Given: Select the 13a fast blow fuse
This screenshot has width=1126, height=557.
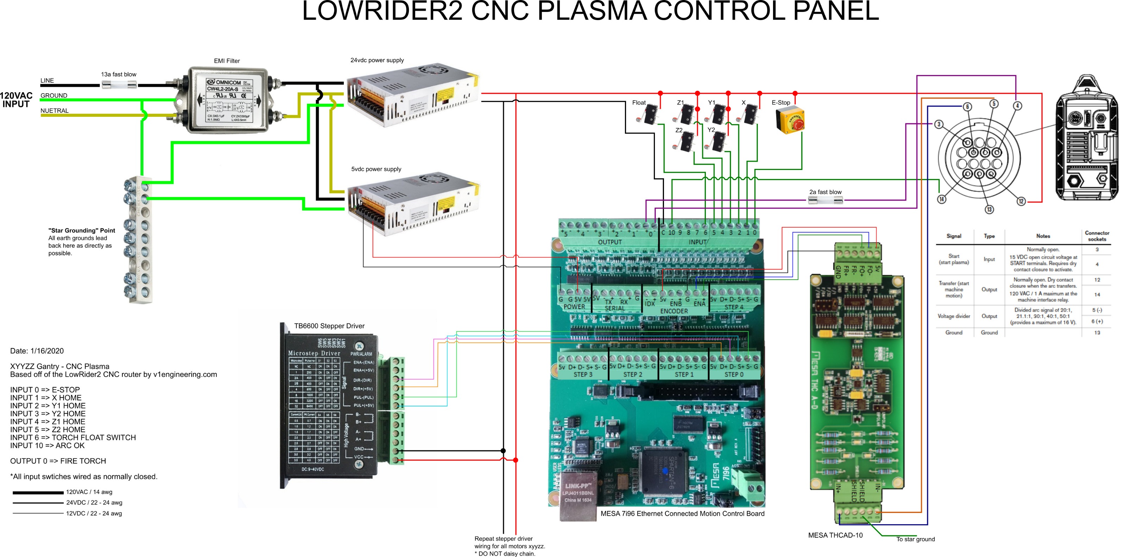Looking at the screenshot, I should coord(119,85).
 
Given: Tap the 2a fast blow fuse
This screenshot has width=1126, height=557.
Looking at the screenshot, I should coord(825,200).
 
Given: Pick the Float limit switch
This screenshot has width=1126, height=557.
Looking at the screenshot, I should coord(648,115).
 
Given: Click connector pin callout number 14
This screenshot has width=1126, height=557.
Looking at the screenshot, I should coord(941,200).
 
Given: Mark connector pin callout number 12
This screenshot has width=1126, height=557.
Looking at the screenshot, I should coord(1021,201).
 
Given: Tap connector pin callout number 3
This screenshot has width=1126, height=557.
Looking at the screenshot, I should coord(938,124).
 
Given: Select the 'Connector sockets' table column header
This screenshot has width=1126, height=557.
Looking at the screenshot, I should coord(1097,236).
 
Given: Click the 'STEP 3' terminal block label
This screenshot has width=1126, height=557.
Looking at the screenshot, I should coord(583,375).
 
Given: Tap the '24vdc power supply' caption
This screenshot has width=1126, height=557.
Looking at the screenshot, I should coord(377,60).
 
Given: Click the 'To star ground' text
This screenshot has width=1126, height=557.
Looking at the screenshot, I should coord(915,539).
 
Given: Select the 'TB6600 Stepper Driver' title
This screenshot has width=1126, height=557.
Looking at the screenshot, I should coord(329,326).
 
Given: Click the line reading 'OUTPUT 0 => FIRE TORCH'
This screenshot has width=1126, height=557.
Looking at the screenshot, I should coord(58,461).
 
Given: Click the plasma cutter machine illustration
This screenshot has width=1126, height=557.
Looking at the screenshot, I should coord(1087,138).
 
